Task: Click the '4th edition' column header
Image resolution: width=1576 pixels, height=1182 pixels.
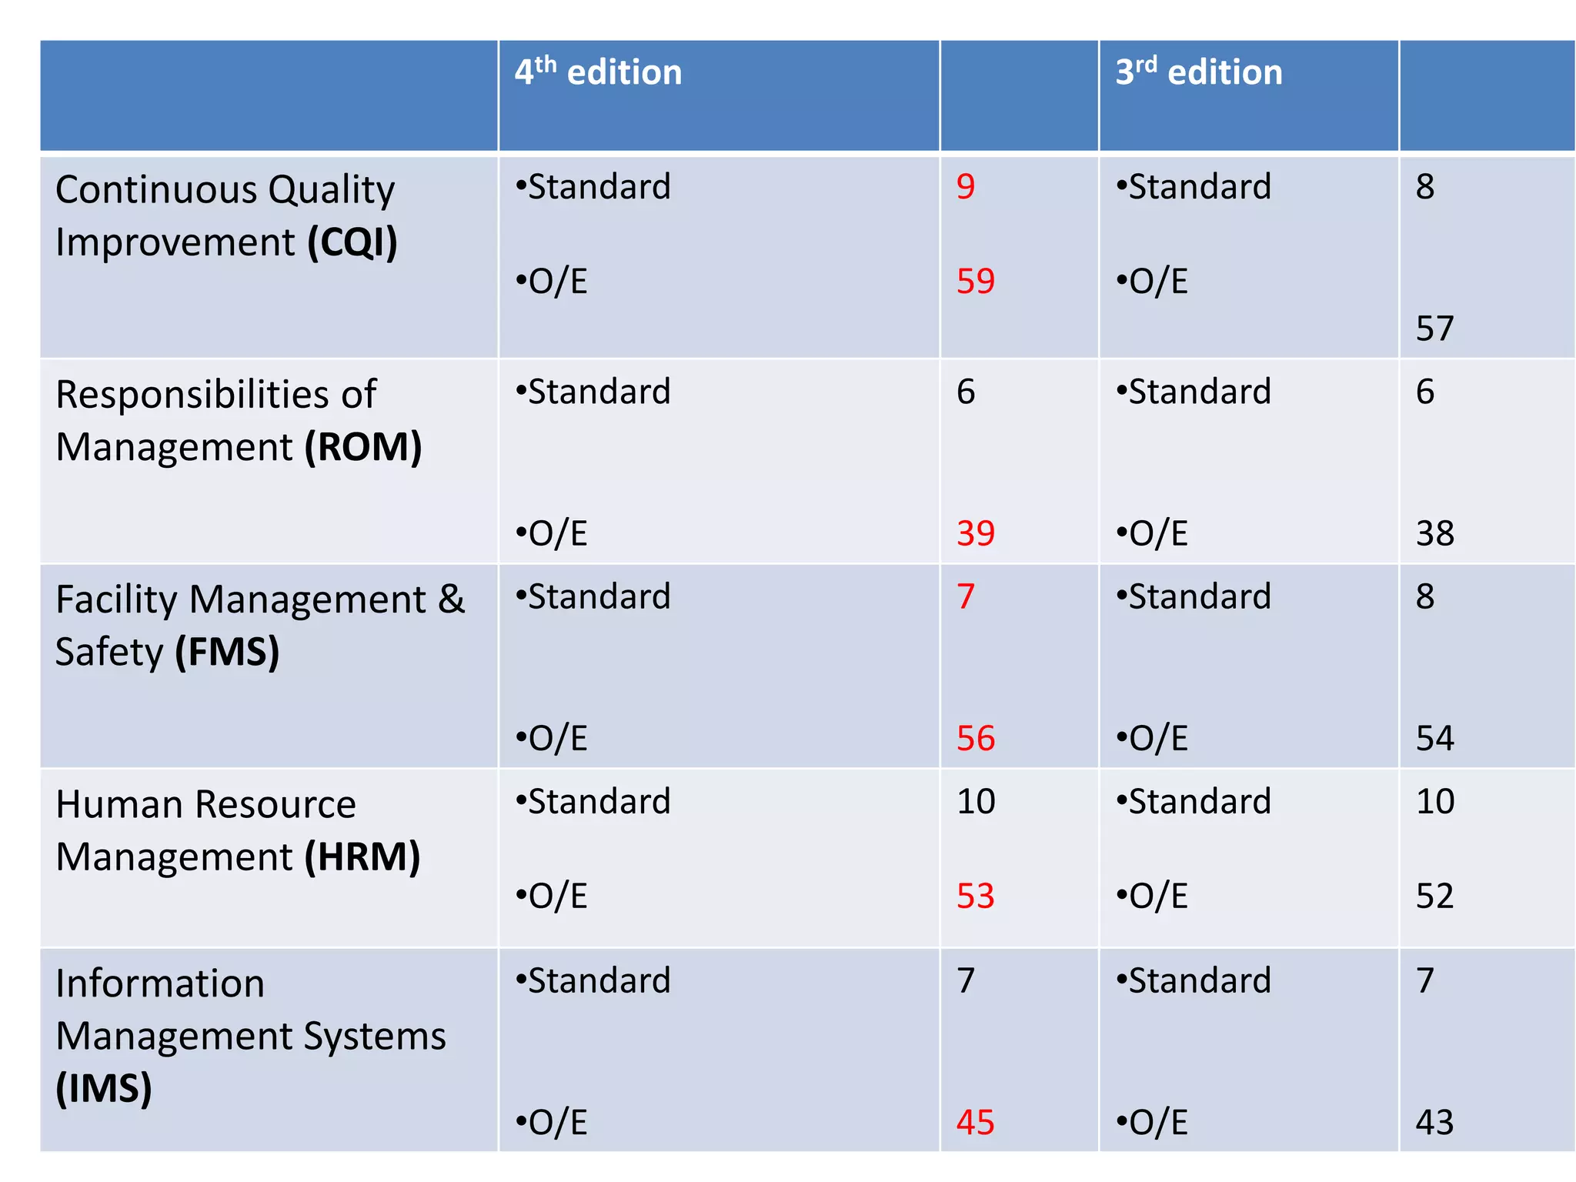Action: pos(598,72)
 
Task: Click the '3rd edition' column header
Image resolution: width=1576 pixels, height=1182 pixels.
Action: pos(1198,72)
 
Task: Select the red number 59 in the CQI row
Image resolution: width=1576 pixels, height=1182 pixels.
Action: pos(975,282)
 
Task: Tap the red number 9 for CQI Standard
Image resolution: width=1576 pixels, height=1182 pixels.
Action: pos(965,187)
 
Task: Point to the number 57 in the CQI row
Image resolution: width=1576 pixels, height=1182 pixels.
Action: pos(1434,329)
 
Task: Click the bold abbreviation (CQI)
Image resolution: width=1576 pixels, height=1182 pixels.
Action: pos(352,242)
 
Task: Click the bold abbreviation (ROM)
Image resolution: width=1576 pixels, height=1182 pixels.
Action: pos(362,447)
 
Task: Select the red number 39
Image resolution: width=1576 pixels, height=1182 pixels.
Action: pos(975,533)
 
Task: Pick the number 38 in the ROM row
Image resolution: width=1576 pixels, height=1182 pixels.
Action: pos(1434,533)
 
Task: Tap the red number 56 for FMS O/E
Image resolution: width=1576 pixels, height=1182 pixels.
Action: pos(975,739)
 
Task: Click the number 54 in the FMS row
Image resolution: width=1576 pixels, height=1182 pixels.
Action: pos(1434,739)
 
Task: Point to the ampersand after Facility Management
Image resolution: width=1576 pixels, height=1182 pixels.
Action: pos(451,599)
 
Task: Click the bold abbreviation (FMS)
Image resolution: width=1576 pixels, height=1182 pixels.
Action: pos(227,652)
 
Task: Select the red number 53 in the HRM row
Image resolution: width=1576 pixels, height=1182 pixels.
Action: pos(975,897)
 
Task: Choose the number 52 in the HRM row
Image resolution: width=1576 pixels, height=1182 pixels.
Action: pos(1434,897)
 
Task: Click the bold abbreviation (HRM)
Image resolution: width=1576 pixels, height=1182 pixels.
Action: pos(362,857)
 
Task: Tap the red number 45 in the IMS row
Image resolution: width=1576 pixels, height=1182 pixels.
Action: pos(975,1123)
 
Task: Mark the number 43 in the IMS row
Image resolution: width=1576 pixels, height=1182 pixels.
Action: pos(1434,1123)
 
